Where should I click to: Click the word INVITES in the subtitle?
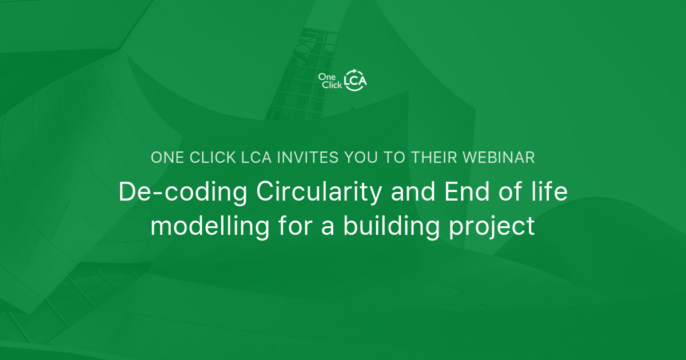[x=308, y=158]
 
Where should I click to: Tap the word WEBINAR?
[x=498, y=158]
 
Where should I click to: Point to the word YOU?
[x=361, y=158]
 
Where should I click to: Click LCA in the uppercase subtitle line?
[x=256, y=158]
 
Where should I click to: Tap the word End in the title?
[x=467, y=191]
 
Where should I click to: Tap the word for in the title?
[x=295, y=226]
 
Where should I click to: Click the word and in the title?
[x=413, y=191]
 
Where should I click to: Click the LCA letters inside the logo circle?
[x=355, y=81]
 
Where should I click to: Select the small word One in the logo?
[x=327, y=77]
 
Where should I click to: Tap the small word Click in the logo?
[x=332, y=85]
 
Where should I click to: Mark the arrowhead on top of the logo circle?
[x=355, y=71]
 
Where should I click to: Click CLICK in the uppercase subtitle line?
[x=213, y=158]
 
